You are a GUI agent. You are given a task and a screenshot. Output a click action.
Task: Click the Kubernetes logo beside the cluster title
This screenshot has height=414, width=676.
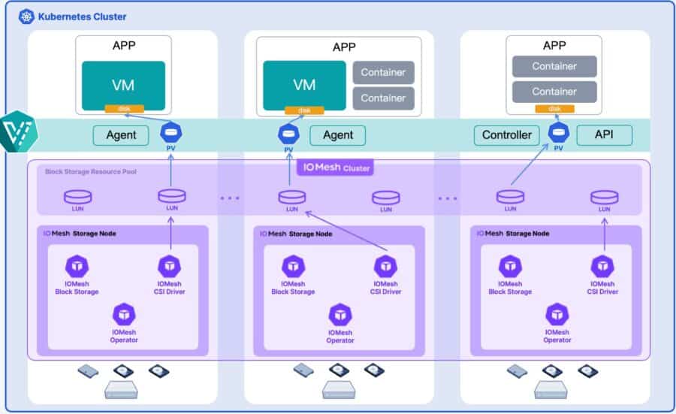point(27,16)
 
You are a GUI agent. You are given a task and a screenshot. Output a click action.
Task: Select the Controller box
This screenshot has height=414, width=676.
point(506,135)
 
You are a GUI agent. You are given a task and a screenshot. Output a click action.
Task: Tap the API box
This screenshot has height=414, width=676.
point(604,135)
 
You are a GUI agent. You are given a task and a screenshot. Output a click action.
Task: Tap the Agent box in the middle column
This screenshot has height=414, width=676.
point(337,135)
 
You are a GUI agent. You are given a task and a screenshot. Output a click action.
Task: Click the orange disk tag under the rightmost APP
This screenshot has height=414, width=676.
point(554,109)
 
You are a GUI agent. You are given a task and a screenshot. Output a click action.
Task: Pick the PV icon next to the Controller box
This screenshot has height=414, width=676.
point(557,133)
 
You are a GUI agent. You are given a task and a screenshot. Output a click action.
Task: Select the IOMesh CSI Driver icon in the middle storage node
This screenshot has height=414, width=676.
point(385,266)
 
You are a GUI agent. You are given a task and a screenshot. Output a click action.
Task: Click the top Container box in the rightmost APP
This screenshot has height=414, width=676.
point(554,66)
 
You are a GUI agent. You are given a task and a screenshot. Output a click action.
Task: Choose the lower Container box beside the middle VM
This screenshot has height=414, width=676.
point(383,98)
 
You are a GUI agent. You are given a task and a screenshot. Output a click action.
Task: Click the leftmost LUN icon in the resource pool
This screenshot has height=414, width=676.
point(77,196)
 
